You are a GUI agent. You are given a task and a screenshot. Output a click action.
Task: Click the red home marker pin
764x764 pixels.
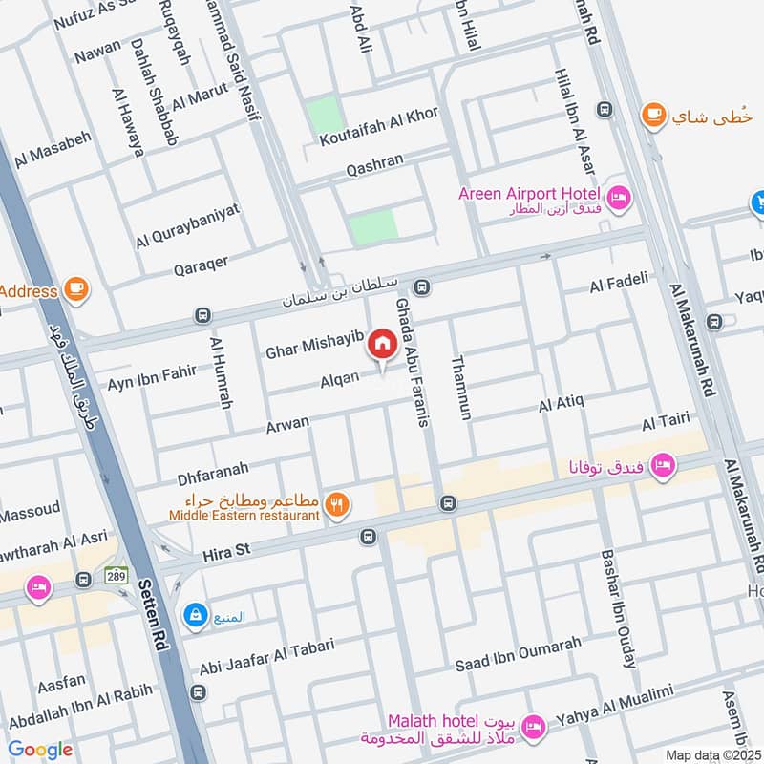click(x=382, y=344)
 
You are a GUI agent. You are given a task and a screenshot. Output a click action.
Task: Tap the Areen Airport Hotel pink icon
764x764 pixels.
click(x=619, y=197)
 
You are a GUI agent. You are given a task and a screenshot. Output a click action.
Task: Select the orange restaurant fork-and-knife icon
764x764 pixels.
click(x=336, y=505)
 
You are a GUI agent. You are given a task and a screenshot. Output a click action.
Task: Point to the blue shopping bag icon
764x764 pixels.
click(x=195, y=615)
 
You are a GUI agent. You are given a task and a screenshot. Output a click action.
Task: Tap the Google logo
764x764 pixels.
click(x=40, y=750)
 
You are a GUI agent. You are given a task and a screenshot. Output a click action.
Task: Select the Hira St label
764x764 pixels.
click(x=225, y=553)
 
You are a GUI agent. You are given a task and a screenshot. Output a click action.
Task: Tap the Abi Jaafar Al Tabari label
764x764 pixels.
click(x=266, y=657)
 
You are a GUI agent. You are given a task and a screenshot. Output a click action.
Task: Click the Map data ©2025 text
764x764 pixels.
click(x=713, y=754)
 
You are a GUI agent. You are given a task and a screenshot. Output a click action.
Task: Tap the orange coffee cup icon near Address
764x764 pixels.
click(x=75, y=289)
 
